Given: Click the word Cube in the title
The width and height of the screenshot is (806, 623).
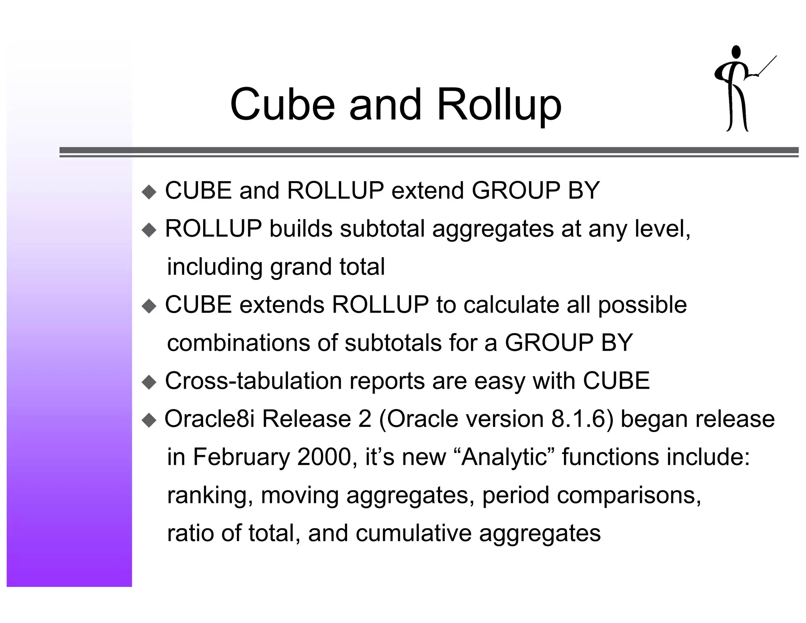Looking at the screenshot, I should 282,105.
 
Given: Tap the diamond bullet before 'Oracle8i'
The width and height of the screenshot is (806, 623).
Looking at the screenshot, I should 149,420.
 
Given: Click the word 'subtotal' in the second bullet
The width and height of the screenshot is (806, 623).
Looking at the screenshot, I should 382,228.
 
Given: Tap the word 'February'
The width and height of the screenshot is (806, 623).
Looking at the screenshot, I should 241,457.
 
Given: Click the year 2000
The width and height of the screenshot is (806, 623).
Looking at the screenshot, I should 324,457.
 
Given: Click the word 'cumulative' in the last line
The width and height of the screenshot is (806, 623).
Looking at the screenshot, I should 413,533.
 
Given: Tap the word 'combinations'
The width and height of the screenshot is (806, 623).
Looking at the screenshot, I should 238,343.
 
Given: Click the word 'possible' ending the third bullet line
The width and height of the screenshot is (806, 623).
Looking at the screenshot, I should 642,306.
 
